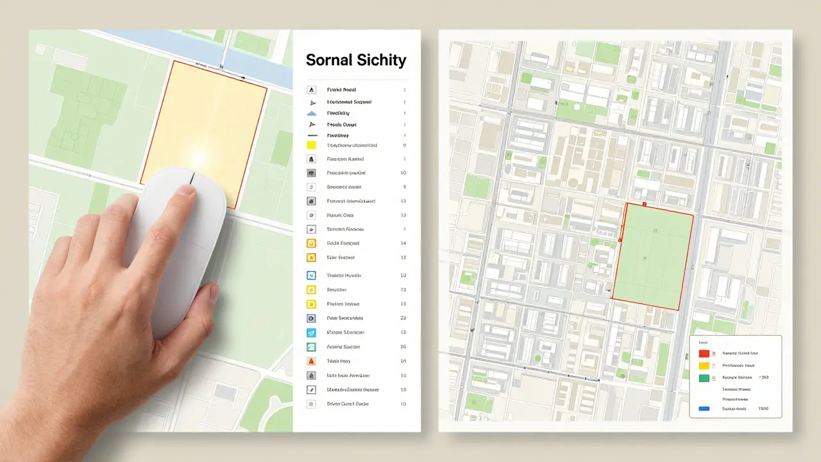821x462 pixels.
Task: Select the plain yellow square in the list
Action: click(312, 146)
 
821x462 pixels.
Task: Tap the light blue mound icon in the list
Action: click(312, 113)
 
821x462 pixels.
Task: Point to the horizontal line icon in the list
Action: click(312, 136)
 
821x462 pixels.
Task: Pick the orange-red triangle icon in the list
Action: click(312, 361)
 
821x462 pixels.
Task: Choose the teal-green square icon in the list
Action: click(312, 346)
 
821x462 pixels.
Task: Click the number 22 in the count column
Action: click(403, 318)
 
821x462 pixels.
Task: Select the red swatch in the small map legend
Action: click(704, 353)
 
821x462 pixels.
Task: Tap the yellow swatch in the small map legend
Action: click(704, 365)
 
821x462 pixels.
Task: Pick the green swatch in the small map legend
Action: click(704, 378)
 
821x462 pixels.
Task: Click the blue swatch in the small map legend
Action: click(704, 408)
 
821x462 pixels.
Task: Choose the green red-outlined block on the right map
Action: click(652, 257)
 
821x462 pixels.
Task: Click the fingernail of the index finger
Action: click(187, 190)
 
